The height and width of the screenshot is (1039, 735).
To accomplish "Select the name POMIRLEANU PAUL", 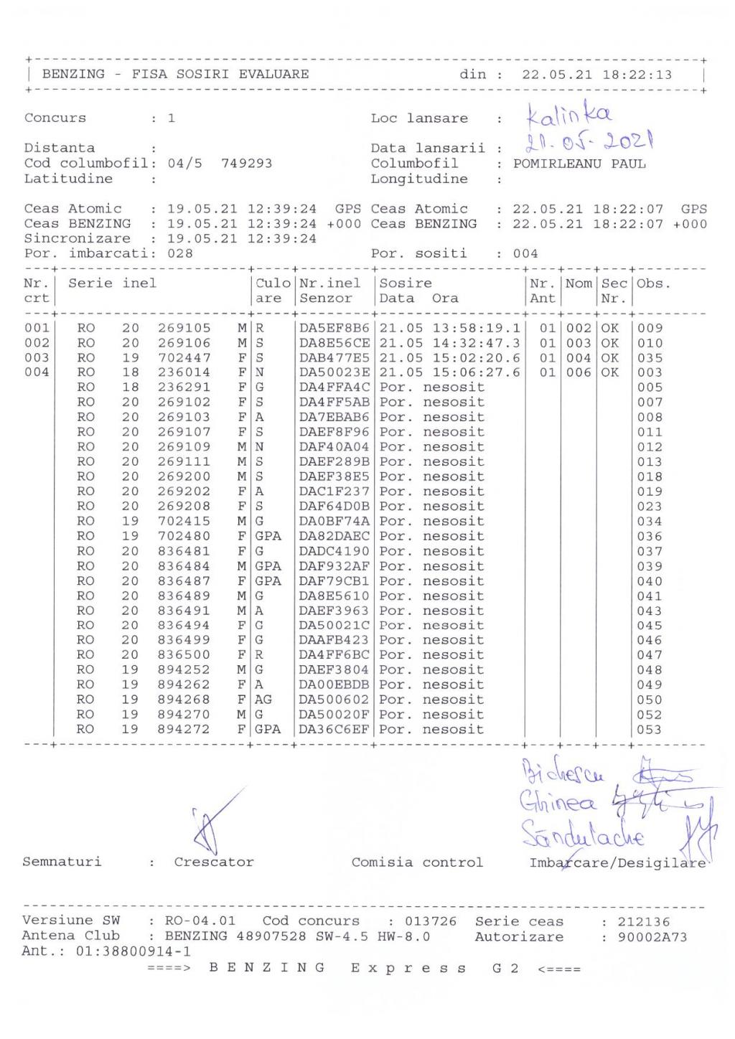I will tap(579, 164).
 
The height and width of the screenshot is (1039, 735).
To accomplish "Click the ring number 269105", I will tap(184, 328).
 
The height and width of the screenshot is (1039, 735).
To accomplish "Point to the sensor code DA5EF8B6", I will tap(334, 328).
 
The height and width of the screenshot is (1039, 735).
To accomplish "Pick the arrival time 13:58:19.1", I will tap(476, 328).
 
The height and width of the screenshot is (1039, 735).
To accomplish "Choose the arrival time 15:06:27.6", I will tap(476, 372).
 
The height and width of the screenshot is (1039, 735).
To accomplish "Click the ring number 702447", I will tap(184, 357).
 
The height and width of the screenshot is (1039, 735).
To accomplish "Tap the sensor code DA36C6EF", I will tap(334, 730).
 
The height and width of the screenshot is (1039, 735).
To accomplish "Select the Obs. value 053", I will tap(650, 730).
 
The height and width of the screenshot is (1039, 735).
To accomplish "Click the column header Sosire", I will tap(406, 283).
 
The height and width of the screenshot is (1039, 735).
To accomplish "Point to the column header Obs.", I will tap(653, 283).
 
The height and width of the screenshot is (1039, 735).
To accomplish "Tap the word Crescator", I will tap(214, 862).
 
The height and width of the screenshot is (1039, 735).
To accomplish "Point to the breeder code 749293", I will tap(247, 164).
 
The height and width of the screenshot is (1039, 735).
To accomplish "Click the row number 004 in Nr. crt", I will tap(37, 372).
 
